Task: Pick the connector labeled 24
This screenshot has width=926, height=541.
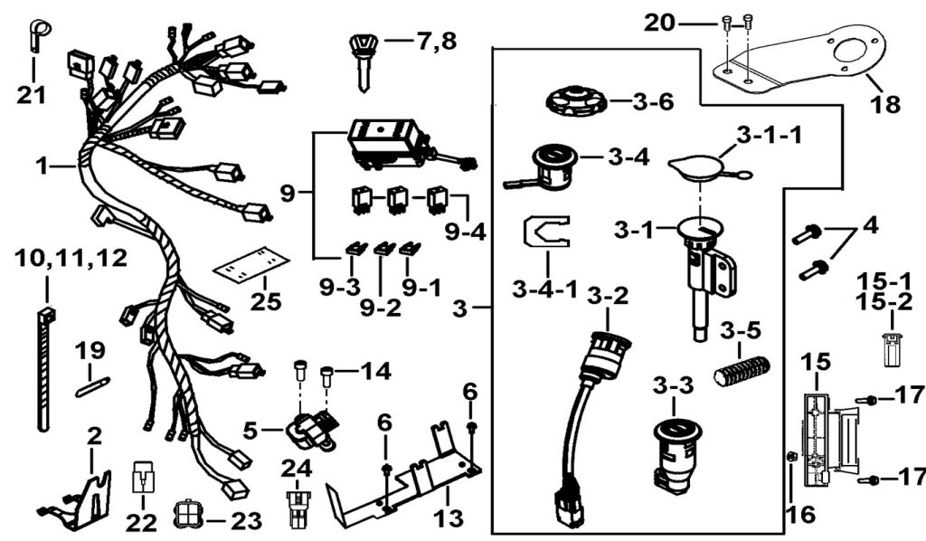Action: coord(295,508)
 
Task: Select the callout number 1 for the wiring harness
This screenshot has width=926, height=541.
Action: coord(42,166)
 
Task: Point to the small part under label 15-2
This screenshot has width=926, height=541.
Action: coord(892,348)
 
